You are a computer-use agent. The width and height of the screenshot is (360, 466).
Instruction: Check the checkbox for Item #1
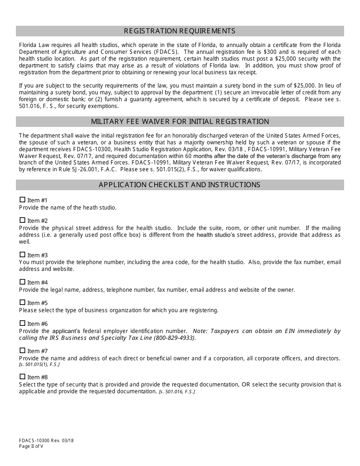tap(22, 200)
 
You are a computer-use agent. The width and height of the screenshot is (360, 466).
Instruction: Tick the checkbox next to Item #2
tap(22, 220)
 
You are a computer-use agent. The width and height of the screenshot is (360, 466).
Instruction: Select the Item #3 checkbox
tap(22, 255)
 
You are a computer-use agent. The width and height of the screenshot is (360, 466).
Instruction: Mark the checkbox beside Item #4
tap(22, 282)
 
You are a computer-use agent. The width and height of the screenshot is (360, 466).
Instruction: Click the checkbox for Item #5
tap(22, 302)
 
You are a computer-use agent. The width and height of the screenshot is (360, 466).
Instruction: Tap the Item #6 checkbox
tap(22, 323)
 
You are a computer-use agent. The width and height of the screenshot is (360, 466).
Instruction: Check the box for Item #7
tap(22, 350)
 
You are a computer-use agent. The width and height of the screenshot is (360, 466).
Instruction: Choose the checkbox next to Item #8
tap(22, 377)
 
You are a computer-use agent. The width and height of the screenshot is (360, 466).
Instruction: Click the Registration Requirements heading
tap(180, 31)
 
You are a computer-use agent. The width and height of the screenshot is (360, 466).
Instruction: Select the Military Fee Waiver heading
tap(180, 122)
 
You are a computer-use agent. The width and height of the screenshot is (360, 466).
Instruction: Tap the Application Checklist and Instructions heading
tap(180, 185)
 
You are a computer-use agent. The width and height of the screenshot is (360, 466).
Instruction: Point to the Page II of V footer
tap(31, 446)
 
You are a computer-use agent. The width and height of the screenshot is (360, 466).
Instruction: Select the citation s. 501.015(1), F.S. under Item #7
tap(39, 364)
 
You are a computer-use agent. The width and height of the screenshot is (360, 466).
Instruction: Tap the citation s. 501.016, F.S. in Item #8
tap(177, 392)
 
